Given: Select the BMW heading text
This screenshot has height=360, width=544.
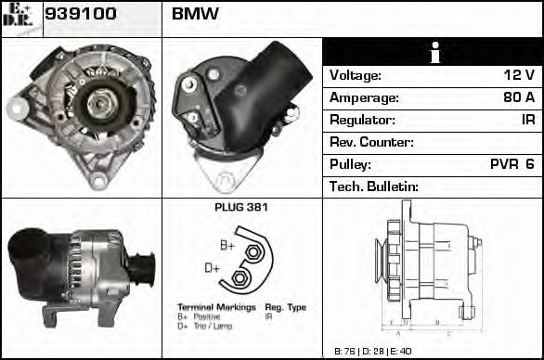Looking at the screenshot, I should coord(195,15).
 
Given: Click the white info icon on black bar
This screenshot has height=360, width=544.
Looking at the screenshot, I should coord(432,52).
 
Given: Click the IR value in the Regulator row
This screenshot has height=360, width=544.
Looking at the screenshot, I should coord(527,120).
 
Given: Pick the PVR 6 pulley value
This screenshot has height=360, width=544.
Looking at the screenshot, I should coord(512,164).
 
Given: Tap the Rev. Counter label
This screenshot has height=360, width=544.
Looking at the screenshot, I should coord(371,142).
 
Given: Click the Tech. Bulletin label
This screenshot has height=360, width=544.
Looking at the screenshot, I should coord(375,186).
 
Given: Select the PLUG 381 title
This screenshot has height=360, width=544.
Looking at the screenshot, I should coord(241,207).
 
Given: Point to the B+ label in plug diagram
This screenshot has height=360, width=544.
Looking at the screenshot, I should coord(227,245).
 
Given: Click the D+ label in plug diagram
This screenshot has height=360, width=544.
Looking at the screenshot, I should coord(212,267).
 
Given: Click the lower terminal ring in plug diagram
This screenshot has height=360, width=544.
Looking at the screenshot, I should coord(240,278).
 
